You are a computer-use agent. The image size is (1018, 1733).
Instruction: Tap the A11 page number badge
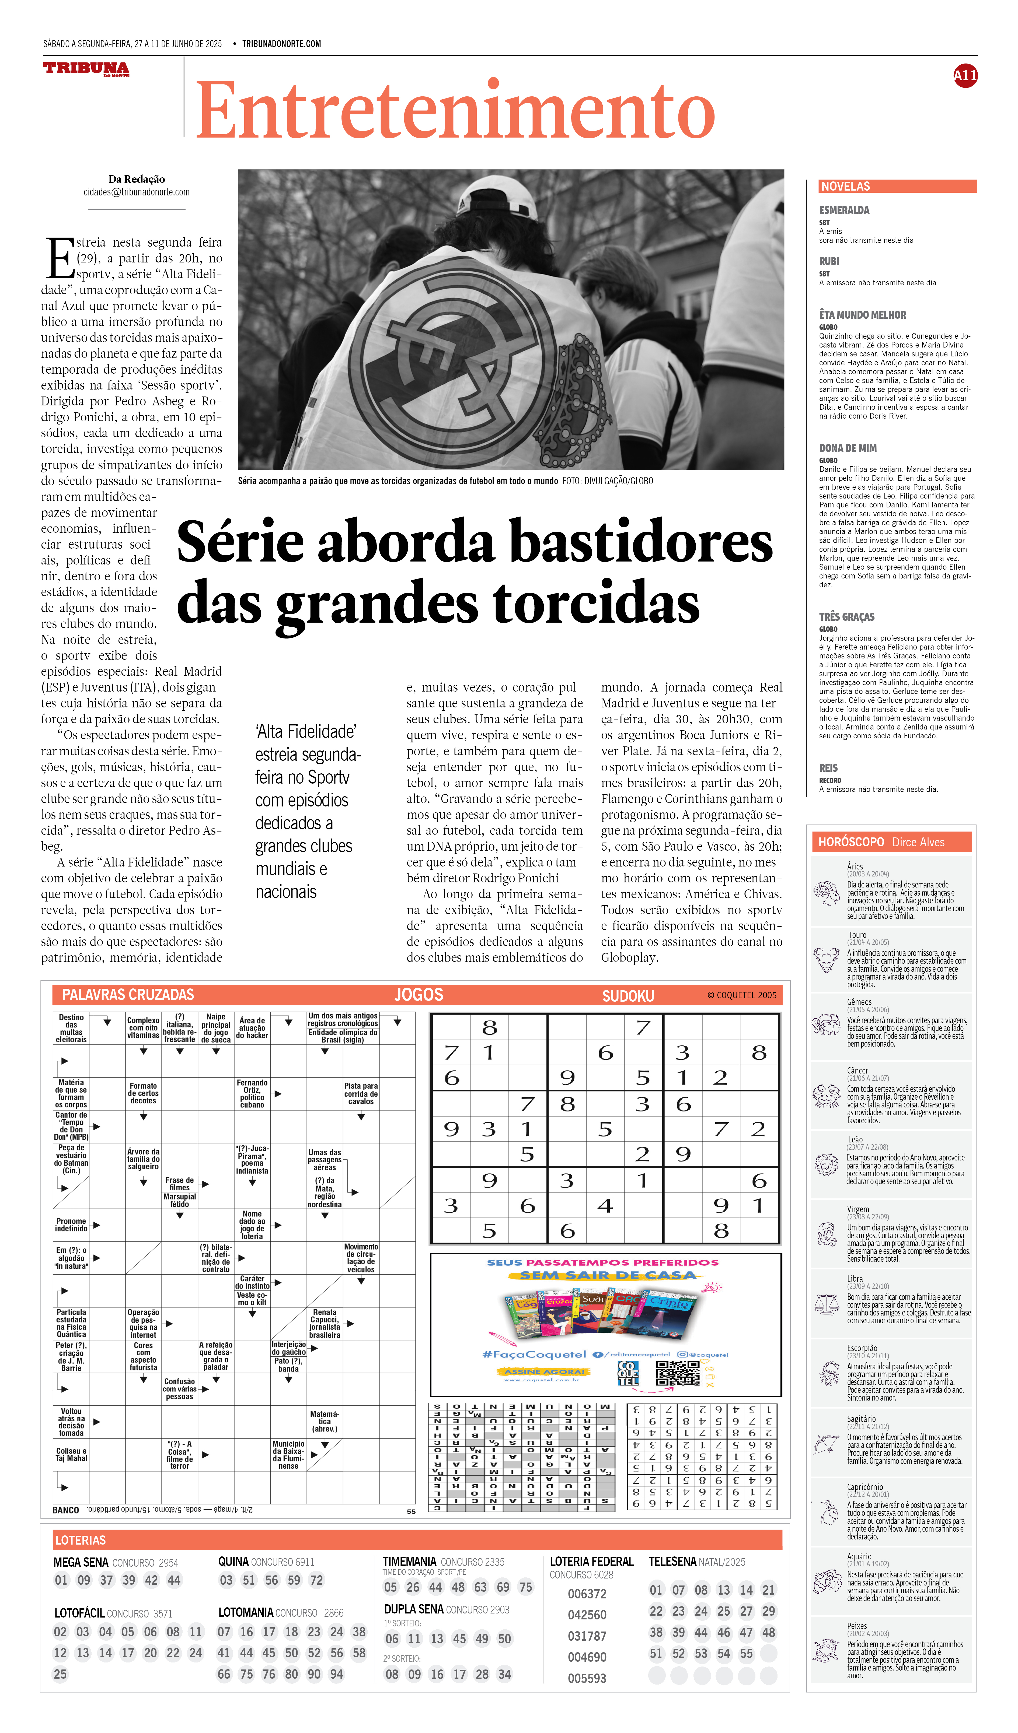pos(965,76)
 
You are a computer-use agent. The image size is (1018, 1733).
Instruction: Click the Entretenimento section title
pos(455,111)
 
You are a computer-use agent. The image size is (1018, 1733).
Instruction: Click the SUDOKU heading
pos(628,996)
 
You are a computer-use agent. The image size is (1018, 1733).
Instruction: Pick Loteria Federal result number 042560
pos(587,1615)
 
